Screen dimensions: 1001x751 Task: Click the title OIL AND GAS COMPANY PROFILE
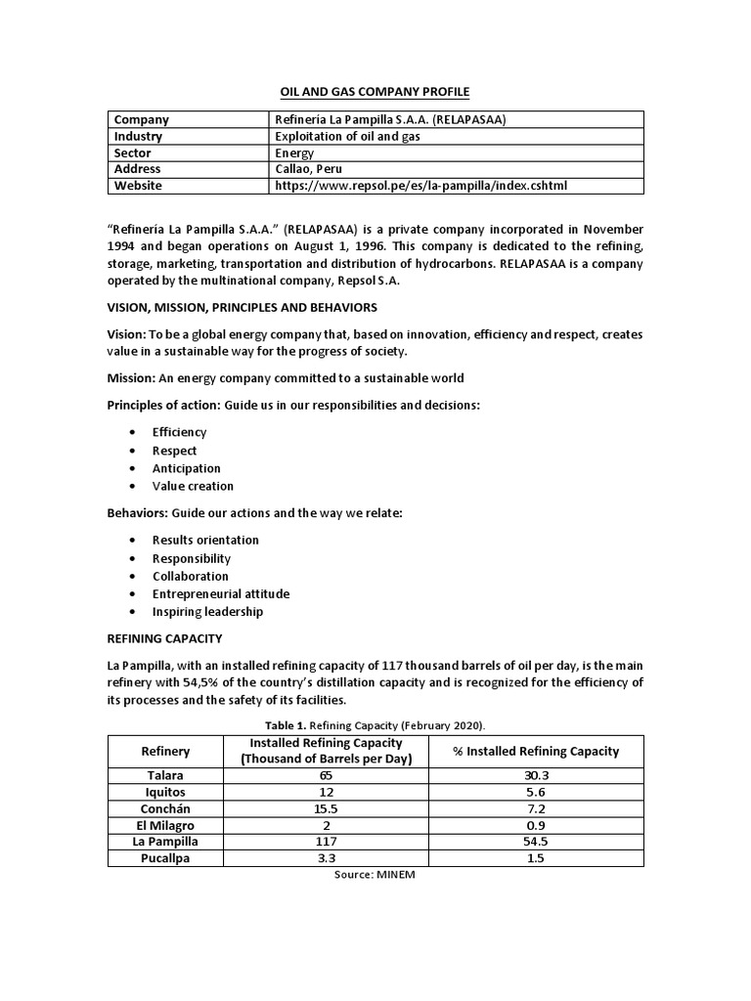(375, 92)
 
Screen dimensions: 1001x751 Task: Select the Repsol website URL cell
(421, 186)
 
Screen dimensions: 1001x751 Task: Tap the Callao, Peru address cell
(311, 169)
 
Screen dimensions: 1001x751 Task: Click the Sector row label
(134, 153)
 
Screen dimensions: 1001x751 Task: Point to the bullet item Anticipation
(187, 468)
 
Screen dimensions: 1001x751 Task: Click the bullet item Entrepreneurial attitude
(221, 593)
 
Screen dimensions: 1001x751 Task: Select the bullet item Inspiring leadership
(207, 612)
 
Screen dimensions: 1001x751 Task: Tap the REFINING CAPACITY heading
(164, 639)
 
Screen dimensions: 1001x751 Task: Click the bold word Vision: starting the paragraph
(126, 334)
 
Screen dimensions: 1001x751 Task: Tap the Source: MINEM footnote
(375, 875)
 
